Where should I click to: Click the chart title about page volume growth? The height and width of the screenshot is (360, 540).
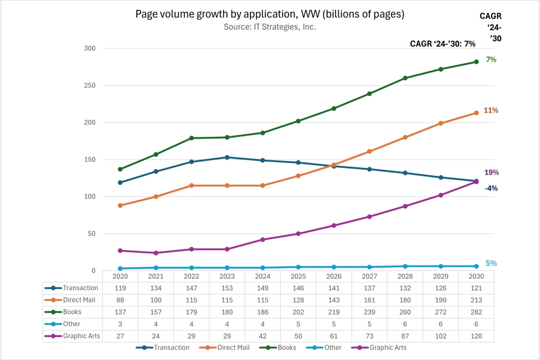click(270, 14)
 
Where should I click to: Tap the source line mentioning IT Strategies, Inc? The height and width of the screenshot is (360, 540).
click(270, 27)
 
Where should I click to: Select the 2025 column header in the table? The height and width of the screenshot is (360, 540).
click(298, 276)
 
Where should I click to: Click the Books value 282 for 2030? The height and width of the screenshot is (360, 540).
click(477, 312)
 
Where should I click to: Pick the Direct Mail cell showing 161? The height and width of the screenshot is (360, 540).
click(369, 300)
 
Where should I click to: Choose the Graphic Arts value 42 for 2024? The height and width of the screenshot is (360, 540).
click(263, 336)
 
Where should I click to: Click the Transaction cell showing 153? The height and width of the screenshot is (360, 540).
click(227, 288)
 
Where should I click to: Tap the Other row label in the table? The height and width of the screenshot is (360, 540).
click(72, 324)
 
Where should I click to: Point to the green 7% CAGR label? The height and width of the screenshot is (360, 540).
click(491, 59)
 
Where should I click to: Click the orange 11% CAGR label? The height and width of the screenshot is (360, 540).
click(491, 110)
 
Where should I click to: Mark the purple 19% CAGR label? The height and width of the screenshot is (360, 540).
click(491, 172)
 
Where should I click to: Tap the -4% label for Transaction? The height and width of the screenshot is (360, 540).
click(491, 189)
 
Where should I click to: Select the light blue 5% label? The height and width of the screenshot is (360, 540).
click(491, 264)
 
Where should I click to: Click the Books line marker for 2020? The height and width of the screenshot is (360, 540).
click(120, 169)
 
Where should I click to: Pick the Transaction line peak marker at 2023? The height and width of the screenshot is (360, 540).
click(227, 157)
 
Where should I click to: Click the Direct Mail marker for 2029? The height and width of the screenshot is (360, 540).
click(441, 123)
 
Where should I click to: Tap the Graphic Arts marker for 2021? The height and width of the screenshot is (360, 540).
click(156, 253)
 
